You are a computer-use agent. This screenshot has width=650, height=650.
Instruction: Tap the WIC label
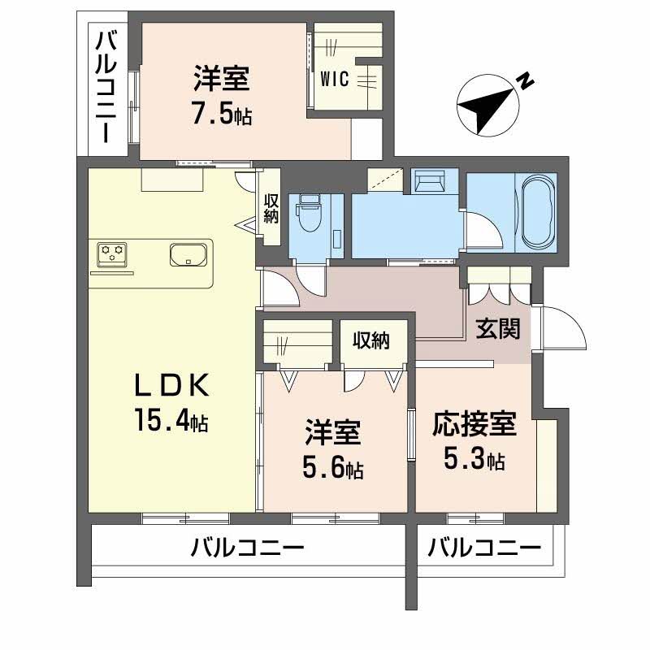(x=335, y=79)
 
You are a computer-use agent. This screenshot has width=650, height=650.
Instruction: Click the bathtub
(x=536, y=213)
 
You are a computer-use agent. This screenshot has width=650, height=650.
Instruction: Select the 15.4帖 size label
(x=171, y=422)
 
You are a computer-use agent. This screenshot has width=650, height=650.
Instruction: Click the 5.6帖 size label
(x=333, y=468)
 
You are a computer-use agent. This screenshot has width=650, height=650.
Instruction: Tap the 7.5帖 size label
(x=221, y=115)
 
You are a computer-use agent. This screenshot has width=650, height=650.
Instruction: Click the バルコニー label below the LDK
(x=248, y=548)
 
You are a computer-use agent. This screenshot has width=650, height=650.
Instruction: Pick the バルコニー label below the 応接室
(x=484, y=548)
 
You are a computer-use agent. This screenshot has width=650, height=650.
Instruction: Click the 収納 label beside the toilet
(x=271, y=207)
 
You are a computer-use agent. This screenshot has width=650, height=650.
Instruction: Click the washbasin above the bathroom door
(x=428, y=180)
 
